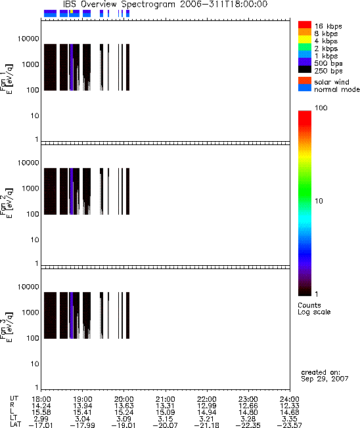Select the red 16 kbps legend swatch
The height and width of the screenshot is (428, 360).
(x=305, y=24)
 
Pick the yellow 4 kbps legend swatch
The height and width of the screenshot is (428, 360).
(x=305, y=39)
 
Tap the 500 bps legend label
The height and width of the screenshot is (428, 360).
(x=328, y=63)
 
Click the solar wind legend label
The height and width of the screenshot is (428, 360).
(x=332, y=82)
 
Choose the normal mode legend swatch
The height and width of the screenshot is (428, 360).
(x=305, y=87)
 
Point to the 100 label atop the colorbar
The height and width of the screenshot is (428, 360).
(x=321, y=108)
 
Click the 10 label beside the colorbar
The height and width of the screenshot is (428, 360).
(x=319, y=201)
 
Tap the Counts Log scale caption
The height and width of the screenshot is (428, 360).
(x=314, y=309)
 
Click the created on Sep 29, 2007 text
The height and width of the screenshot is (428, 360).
(x=325, y=375)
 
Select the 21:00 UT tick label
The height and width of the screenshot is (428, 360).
(x=166, y=399)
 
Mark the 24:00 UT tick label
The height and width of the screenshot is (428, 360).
(x=290, y=399)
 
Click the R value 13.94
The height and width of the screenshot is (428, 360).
(x=83, y=406)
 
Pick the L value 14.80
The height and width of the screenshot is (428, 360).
(x=248, y=412)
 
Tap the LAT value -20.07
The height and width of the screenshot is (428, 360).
(x=166, y=425)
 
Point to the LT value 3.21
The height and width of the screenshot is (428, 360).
(x=206, y=419)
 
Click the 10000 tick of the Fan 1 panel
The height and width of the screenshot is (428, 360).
(x=28, y=39)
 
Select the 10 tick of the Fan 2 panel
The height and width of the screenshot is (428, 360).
(x=35, y=240)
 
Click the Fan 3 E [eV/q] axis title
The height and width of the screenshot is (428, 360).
(x=6, y=327)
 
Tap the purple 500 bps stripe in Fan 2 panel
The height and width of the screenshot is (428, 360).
(x=72, y=191)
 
